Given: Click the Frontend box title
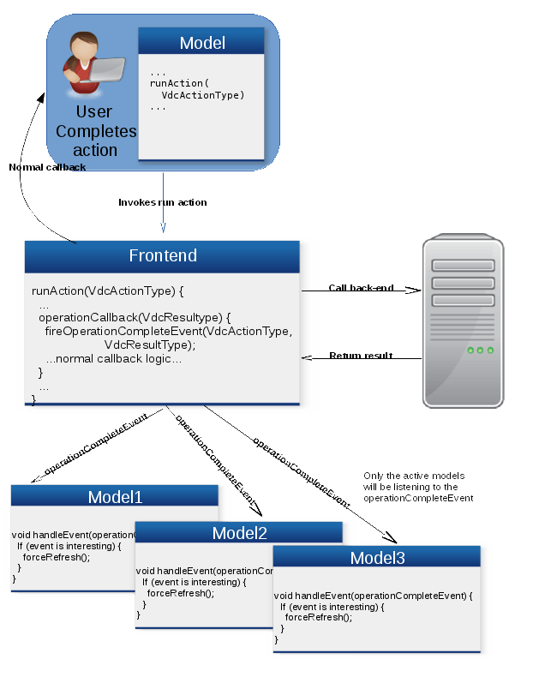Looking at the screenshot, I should (x=163, y=256).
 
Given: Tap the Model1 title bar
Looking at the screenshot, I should (x=115, y=497).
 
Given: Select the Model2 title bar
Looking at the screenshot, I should (x=239, y=533).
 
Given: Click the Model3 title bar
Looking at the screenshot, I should (x=377, y=559).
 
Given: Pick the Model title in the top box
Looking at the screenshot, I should (x=202, y=43).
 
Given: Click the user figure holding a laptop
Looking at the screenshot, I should (x=89, y=64).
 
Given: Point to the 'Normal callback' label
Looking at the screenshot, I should (x=47, y=167).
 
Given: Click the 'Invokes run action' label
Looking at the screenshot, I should (x=162, y=202).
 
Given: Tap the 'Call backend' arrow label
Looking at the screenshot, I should (x=361, y=288).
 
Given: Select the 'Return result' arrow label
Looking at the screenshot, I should (x=361, y=356).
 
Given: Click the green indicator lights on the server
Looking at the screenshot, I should (x=480, y=350).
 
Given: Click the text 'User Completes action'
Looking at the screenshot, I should (x=95, y=131).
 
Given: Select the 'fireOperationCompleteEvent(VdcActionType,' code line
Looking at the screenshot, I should (x=169, y=332).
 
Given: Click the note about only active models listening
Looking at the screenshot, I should (x=419, y=487).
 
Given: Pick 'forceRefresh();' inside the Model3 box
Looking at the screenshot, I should (x=319, y=617).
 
